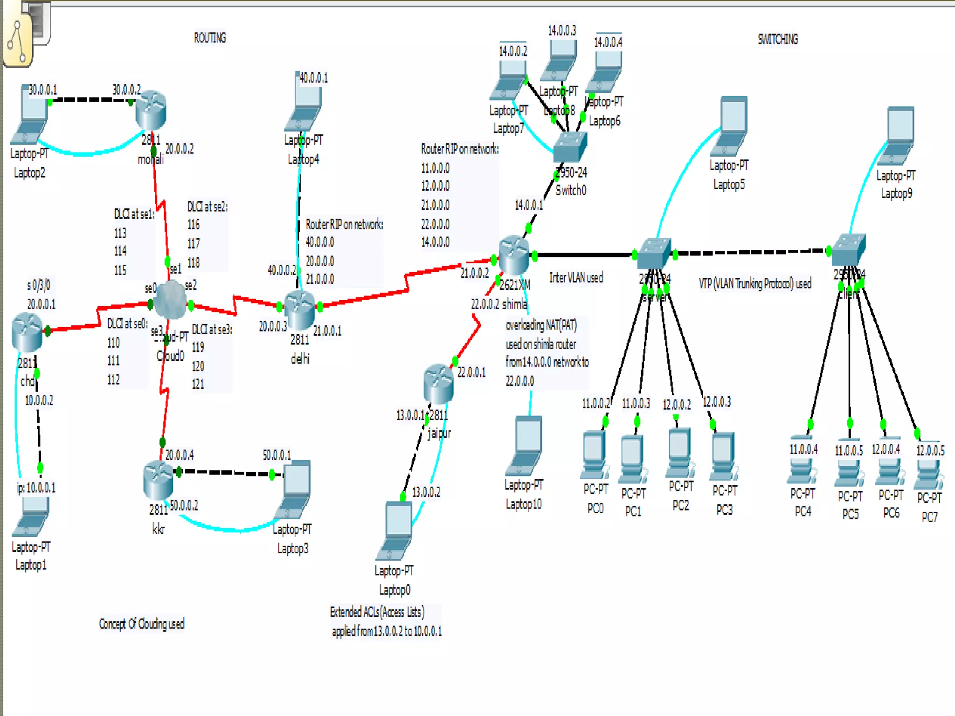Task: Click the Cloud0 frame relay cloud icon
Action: click(x=170, y=301)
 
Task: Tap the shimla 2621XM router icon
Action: click(x=514, y=255)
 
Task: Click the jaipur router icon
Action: click(x=438, y=383)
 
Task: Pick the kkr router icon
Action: click(x=158, y=479)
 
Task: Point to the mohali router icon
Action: click(x=151, y=111)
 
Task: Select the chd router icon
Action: click(x=27, y=332)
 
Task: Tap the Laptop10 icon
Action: click(x=526, y=445)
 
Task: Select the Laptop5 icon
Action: click(x=730, y=126)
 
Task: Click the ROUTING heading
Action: click(x=210, y=38)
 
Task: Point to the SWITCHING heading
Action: click(x=777, y=39)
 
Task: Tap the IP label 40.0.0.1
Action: click(x=313, y=78)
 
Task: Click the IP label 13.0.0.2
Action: click(x=426, y=492)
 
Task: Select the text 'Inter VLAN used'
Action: click(x=576, y=278)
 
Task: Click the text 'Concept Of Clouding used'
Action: click(x=141, y=624)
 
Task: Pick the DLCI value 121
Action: click(x=198, y=384)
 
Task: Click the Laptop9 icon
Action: click(x=896, y=136)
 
